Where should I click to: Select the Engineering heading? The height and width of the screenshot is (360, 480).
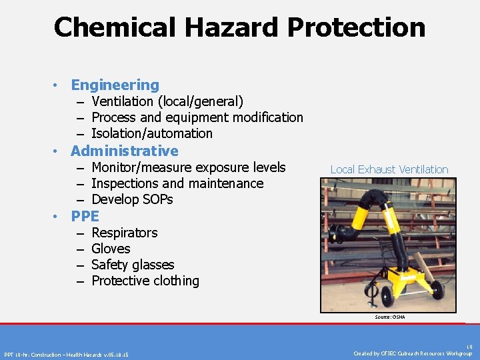[x=115, y=85]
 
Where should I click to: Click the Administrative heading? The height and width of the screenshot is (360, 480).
[x=124, y=151]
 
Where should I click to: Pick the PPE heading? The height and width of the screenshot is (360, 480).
[x=85, y=216]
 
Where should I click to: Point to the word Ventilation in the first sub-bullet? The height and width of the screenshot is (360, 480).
[x=121, y=101]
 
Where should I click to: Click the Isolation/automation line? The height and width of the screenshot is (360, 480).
[x=151, y=133]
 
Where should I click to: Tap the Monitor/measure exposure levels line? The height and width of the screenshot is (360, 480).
[x=188, y=167]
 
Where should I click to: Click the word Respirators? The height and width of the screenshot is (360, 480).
[x=124, y=233]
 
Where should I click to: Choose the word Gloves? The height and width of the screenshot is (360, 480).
[x=111, y=249]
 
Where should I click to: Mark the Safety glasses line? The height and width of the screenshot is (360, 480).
[x=132, y=265]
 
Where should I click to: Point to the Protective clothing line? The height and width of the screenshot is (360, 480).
[x=145, y=281]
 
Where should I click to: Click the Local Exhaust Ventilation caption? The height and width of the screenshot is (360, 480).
[x=389, y=169]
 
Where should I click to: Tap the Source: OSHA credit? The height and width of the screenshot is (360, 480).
[x=389, y=317]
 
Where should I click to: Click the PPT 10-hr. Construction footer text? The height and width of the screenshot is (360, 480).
[x=67, y=354]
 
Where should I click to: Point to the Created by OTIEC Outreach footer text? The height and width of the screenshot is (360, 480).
[x=413, y=353]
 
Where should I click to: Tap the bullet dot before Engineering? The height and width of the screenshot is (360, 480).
[x=58, y=85]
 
